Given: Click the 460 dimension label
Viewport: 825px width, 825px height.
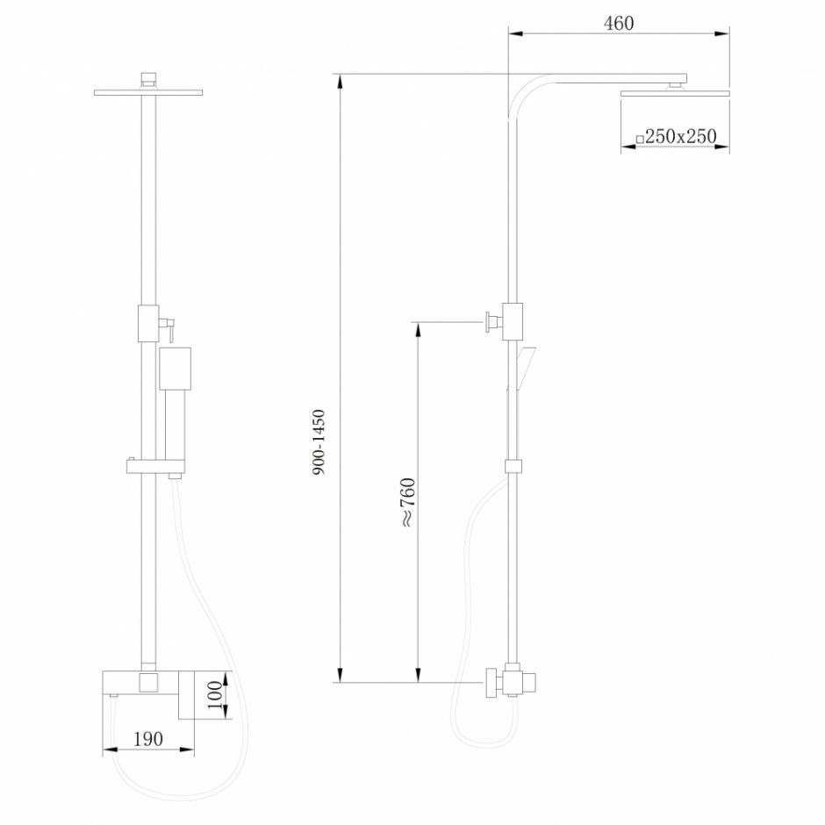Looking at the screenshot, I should coord(619,24).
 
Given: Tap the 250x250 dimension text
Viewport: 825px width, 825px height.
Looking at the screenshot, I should coord(681,136).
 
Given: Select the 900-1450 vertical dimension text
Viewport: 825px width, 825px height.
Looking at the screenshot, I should coord(319,442).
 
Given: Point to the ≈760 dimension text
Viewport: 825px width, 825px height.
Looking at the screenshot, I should coord(406,502).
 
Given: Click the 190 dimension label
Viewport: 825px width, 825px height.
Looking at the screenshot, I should coord(148,739).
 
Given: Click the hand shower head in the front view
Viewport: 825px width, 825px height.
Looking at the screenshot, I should coord(175,368).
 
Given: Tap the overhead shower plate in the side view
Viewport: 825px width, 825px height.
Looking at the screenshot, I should coord(675,92).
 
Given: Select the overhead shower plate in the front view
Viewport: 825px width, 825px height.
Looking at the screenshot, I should coord(148,92).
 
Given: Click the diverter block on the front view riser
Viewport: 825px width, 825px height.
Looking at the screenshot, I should coord(148,322).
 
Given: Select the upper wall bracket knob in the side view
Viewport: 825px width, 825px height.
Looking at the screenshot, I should coord(488,322).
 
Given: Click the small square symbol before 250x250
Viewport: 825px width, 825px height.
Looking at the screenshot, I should coord(640,138).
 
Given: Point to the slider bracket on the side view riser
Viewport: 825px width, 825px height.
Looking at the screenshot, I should coord(514,466).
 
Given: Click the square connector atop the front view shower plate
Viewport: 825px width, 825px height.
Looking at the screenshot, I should coord(148,78).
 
